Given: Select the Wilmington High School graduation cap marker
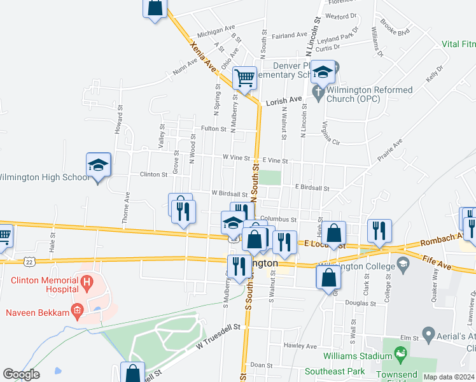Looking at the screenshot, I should (99, 166).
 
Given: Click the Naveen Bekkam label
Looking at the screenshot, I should (36, 311).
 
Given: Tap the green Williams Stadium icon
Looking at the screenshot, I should (400, 352).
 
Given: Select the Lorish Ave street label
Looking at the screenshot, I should (283, 100).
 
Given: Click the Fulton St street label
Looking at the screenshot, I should (214, 129).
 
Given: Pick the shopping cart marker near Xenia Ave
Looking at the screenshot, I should (244, 79).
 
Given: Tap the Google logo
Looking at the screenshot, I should (21, 374).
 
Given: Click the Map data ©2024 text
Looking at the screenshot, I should (449, 377).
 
